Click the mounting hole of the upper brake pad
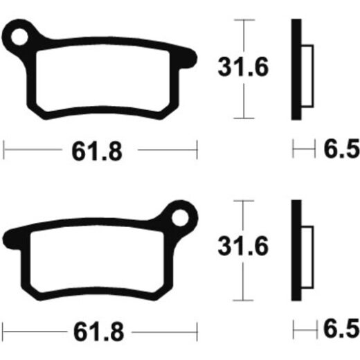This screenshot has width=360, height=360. click(19, 37)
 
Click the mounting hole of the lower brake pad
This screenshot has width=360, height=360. click(180, 218)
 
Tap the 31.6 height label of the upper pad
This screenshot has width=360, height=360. click(243, 67)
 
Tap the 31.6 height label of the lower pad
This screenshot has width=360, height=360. click(243, 246)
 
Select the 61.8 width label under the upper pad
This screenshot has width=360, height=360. click(97, 152)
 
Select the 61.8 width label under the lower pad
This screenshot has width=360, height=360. click(99, 332)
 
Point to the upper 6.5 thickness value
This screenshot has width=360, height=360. click(342, 148)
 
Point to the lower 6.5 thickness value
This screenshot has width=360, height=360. click(342, 329)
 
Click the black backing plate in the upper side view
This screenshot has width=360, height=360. click(296, 69)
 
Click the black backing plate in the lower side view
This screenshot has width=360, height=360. click(296, 251)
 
